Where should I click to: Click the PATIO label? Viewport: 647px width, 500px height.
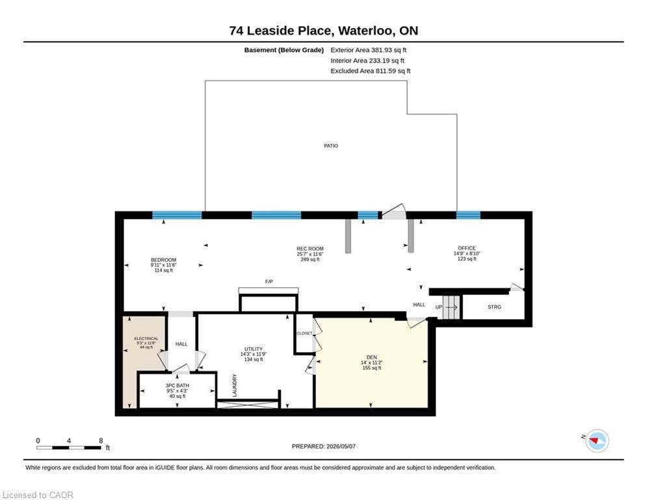click(x=331, y=146)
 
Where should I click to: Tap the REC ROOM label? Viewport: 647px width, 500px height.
click(x=310, y=249)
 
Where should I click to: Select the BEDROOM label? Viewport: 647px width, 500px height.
click(x=163, y=260)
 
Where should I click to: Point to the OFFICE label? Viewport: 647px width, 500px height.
click(x=467, y=248)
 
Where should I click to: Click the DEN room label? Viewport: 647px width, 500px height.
click(x=371, y=357)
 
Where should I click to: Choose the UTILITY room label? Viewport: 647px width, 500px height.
click(x=254, y=349)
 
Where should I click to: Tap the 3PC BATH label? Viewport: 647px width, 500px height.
click(x=177, y=385)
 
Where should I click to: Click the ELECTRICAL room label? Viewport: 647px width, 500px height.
click(x=146, y=339)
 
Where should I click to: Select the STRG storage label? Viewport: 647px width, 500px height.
click(x=494, y=307)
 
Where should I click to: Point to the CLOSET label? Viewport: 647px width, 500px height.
click(x=304, y=333)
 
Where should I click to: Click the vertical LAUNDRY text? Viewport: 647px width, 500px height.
click(x=235, y=385)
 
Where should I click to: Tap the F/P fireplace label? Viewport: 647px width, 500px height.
click(x=269, y=281)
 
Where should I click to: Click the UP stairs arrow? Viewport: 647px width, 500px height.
click(x=451, y=307)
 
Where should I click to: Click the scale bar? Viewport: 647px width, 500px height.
click(x=69, y=447)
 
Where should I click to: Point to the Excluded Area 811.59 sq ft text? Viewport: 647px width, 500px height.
click(x=371, y=71)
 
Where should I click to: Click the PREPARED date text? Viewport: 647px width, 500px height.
click(x=324, y=446)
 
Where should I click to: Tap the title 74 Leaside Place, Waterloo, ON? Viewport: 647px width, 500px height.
click(x=324, y=31)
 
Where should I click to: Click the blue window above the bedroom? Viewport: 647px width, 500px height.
click(x=177, y=215)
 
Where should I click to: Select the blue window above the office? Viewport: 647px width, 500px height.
click(x=468, y=215)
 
